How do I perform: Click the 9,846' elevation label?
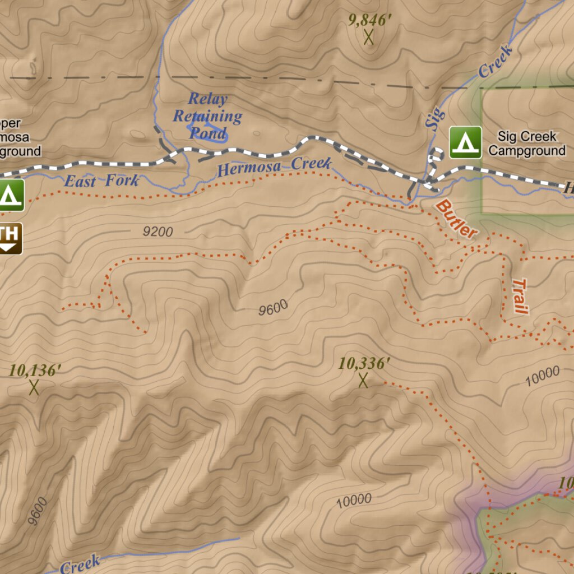tap(369, 20)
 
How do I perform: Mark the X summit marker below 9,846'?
tap(369, 38)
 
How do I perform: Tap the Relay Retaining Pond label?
tap(207, 116)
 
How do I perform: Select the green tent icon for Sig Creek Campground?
tap(465, 142)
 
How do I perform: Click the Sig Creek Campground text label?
tap(526, 143)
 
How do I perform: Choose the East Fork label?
tap(101, 181)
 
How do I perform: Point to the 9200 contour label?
tap(158, 232)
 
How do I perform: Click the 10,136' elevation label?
tap(35, 370)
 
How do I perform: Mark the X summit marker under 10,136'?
tap(34, 387)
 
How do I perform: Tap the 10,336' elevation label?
tap(364, 363)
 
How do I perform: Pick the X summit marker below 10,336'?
tap(363, 381)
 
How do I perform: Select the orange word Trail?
tap(521, 296)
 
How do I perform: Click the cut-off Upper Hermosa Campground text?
tap(20, 137)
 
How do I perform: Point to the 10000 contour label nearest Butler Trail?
tap(542, 376)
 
